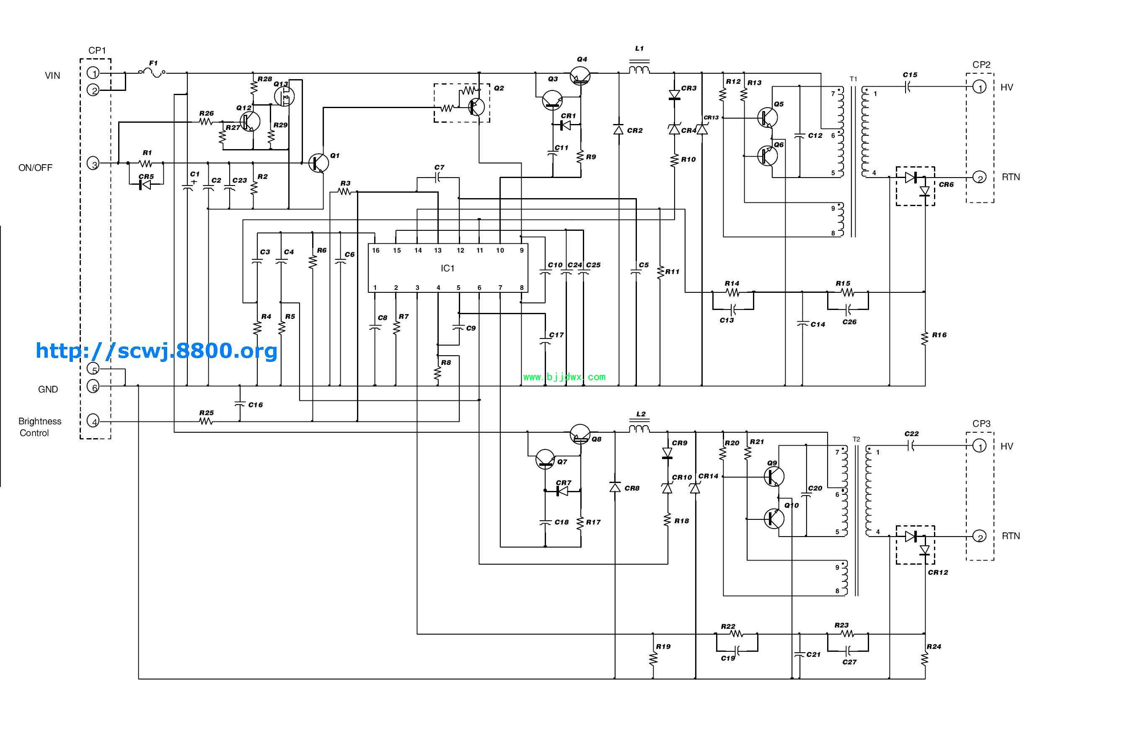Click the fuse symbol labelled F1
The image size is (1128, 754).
tap(152, 72)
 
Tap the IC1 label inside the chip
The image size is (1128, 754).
tap(448, 269)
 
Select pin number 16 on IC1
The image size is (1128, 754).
tap(376, 250)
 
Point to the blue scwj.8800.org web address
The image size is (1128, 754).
tap(156, 351)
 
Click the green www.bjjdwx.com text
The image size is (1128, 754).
tap(564, 377)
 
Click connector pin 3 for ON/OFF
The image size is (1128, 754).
tap(94, 164)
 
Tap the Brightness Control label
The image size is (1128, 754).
tap(39, 427)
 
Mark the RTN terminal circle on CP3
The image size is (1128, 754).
tap(979, 536)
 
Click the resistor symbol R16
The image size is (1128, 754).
tap(924, 338)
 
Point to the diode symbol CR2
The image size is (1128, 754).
tap(618, 129)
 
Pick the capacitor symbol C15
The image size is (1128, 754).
tap(907, 87)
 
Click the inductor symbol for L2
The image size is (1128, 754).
tap(640, 428)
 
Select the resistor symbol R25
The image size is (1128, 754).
tap(206, 422)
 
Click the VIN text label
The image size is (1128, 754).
tap(52, 75)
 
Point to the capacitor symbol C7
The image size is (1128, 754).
tap(438, 178)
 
